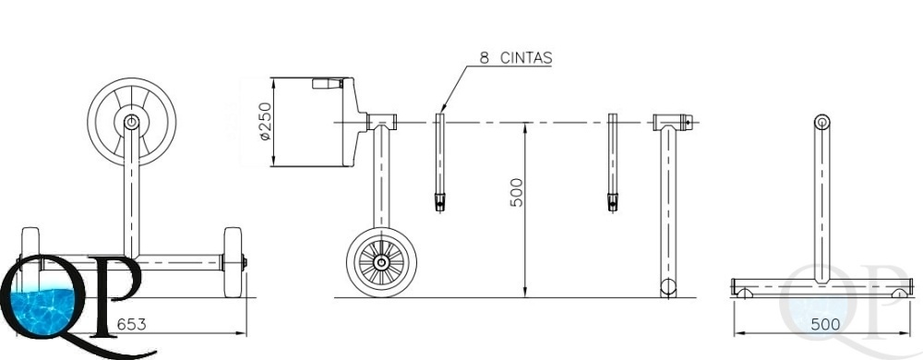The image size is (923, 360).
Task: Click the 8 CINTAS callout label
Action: tap(516, 57)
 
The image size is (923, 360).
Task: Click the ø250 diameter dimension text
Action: tap(266, 121)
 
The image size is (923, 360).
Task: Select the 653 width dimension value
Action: tap(131, 324)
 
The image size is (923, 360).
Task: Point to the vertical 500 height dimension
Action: tap(516, 192)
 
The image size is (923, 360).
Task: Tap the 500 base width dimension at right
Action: tap(825, 324)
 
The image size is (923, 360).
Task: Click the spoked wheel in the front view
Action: tap(381, 262)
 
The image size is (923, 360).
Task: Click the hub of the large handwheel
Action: tap(131, 122)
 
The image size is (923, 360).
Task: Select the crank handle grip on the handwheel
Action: tap(328, 83)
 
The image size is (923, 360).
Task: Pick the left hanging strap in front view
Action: tap(439, 162)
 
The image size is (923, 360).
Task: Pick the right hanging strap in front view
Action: tap(613, 162)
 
